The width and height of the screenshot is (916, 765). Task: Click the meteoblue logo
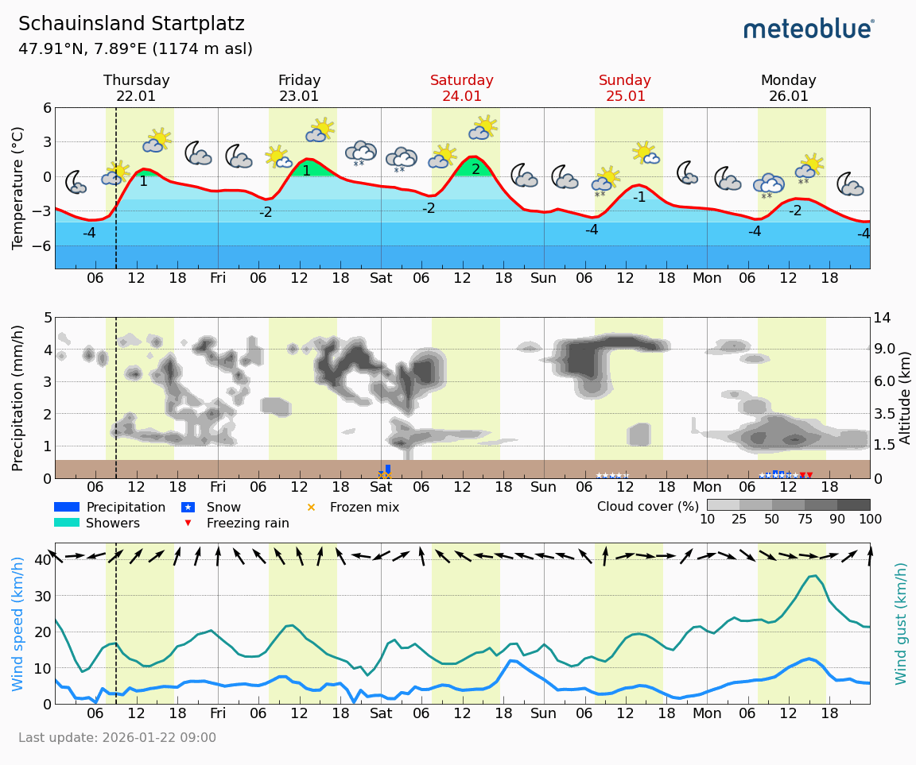click(x=809, y=29)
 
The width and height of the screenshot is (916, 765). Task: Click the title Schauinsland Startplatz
click(x=131, y=24)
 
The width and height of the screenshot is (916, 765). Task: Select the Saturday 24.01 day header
click(x=461, y=88)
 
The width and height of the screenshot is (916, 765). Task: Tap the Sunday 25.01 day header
click(x=624, y=88)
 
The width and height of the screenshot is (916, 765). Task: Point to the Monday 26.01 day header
click(x=788, y=88)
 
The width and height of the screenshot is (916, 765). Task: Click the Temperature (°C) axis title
click(x=17, y=188)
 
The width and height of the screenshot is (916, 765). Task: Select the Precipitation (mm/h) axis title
click(x=17, y=397)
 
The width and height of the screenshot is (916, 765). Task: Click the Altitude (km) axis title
click(x=905, y=397)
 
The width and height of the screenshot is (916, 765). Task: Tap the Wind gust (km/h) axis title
click(x=901, y=624)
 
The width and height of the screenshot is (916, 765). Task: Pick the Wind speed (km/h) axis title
click(x=17, y=624)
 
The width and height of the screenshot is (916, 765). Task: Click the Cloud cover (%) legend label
click(x=647, y=507)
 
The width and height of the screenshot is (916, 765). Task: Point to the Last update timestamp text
click(x=117, y=738)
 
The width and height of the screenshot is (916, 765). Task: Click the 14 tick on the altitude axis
click(x=885, y=318)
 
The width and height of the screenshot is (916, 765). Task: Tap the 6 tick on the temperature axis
click(x=47, y=108)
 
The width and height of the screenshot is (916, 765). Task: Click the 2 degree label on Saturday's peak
click(x=475, y=169)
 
